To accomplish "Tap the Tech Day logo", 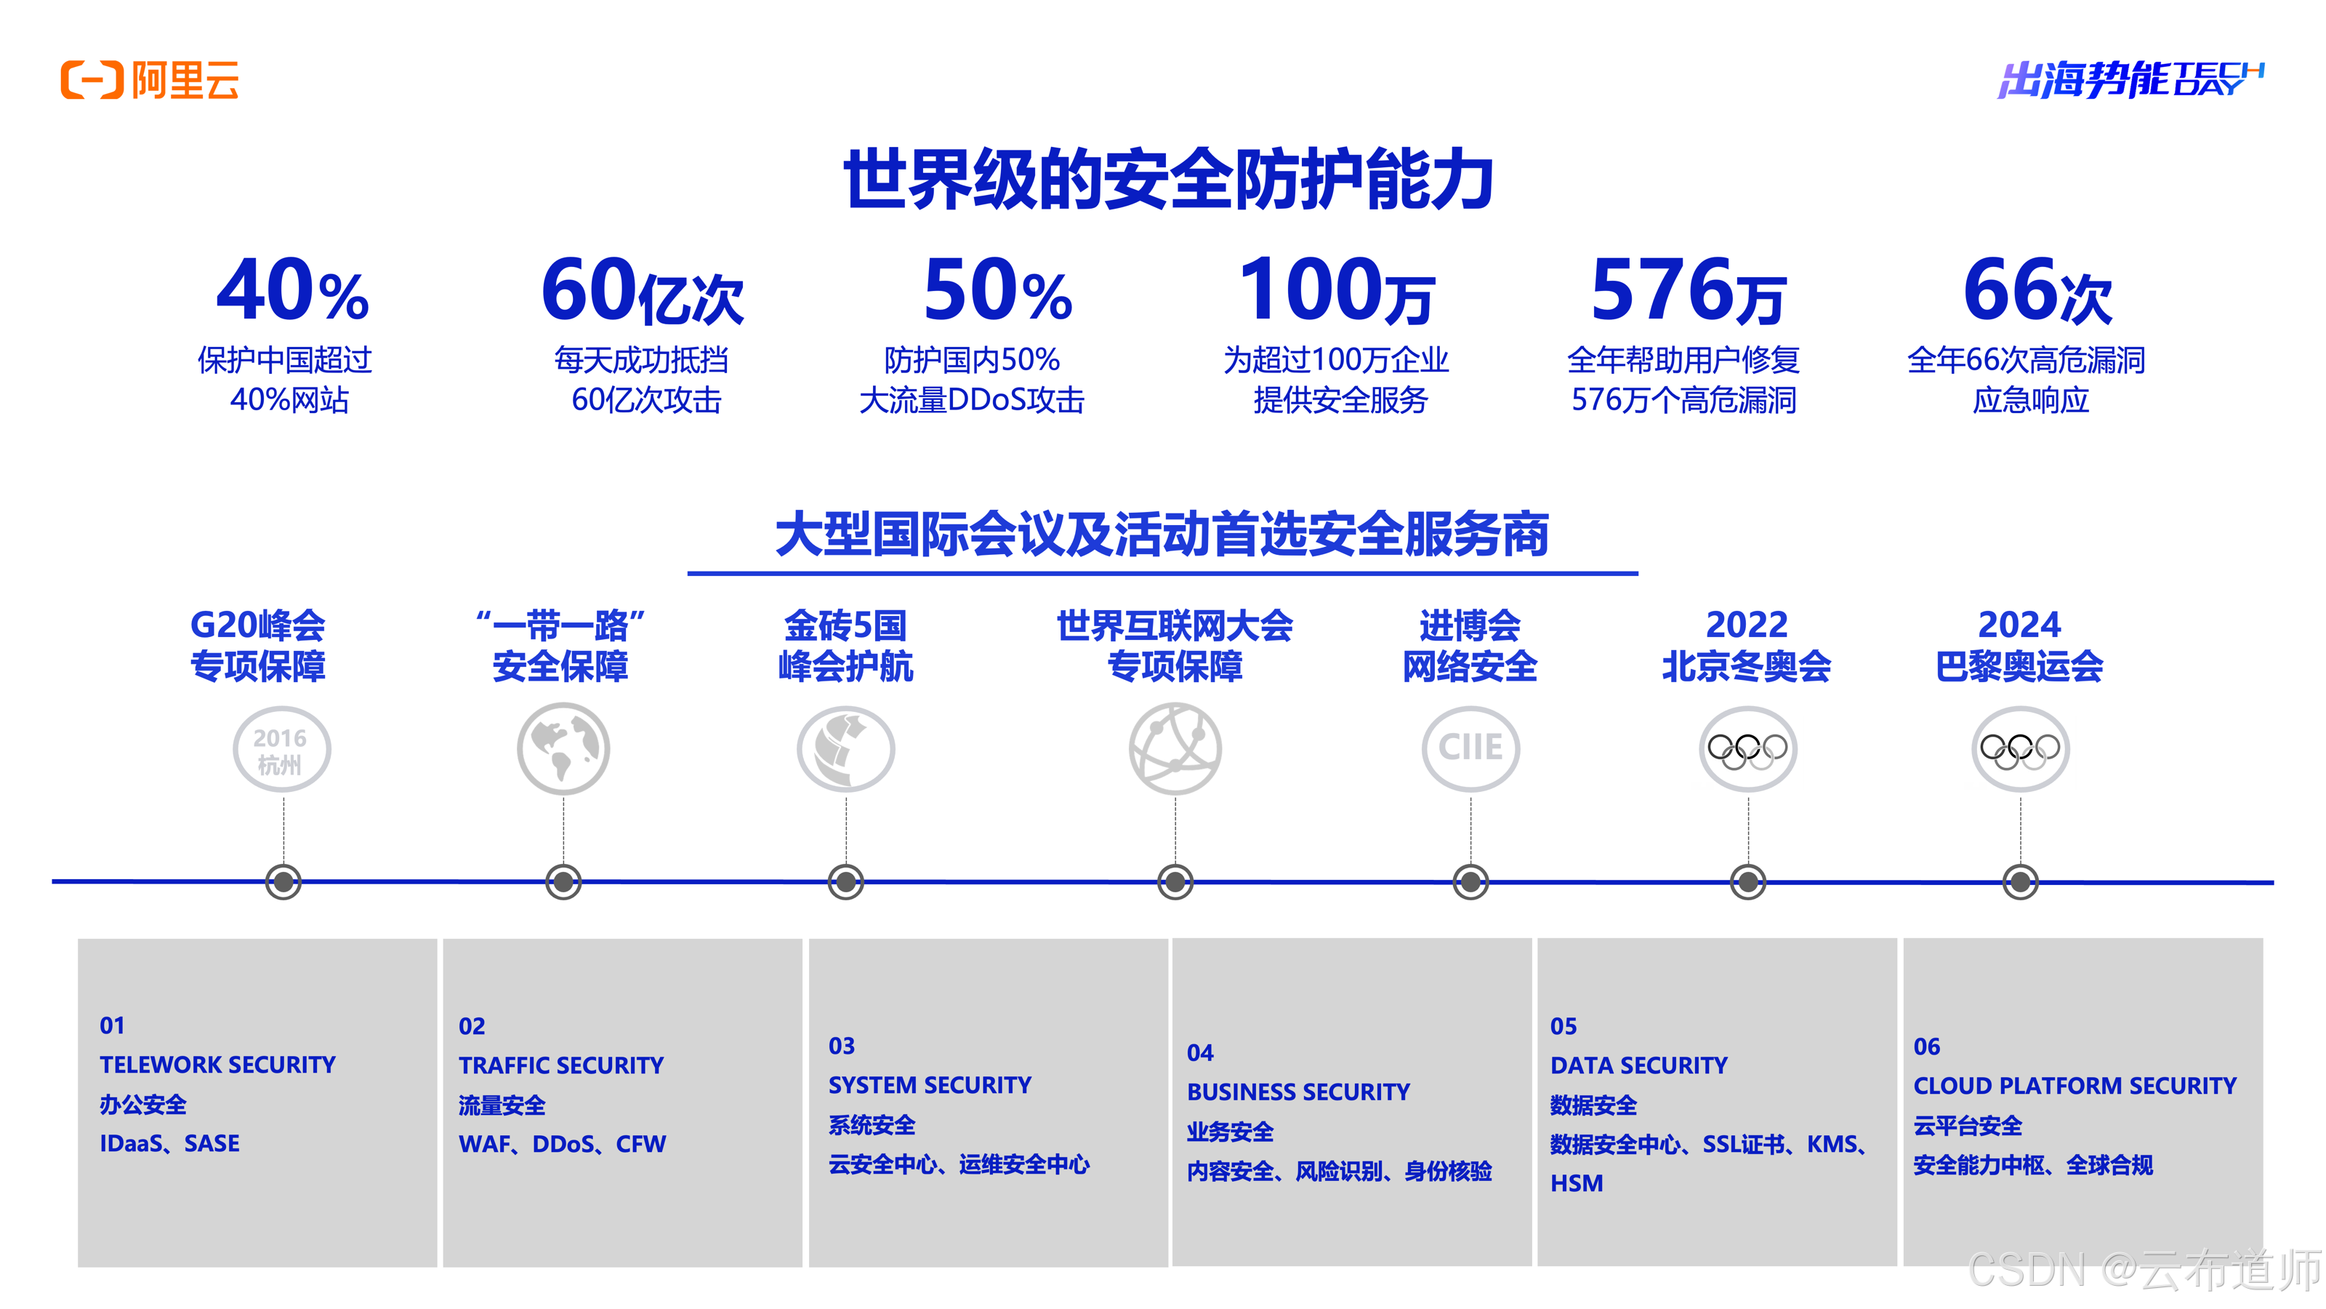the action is point(2129,79).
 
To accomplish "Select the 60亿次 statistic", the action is point(642,291).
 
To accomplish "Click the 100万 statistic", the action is point(1337,291).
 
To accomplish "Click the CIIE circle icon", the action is point(1470,749).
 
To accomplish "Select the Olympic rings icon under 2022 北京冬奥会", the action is point(1747,750).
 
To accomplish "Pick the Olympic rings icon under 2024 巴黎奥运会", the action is point(2020,750).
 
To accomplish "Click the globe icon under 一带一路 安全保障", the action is point(563,749).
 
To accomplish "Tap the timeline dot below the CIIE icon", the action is point(1470,881).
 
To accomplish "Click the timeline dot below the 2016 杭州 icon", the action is point(283,881).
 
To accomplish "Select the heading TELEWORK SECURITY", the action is point(217,1065).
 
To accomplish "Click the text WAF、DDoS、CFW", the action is point(562,1145).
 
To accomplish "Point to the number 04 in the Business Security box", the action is point(1200,1053).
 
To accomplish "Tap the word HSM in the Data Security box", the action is point(1577,1183).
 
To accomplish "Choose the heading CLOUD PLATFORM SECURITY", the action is point(2074,1086).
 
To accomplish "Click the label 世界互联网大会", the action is point(1175,625).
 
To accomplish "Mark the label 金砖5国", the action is point(845,625).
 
